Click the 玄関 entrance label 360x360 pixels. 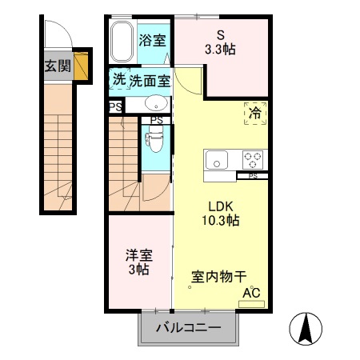click(x=56, y=66)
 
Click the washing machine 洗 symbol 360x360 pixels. click(x=118, y=79)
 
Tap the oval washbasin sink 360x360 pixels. click(x=155, y=103)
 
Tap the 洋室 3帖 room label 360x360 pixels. click(x=138, y=262)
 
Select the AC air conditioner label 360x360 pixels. click(x=252, y=294)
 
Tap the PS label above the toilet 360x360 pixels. click(x=156, y=121)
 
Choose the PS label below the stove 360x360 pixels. click(x=253, y=175)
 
